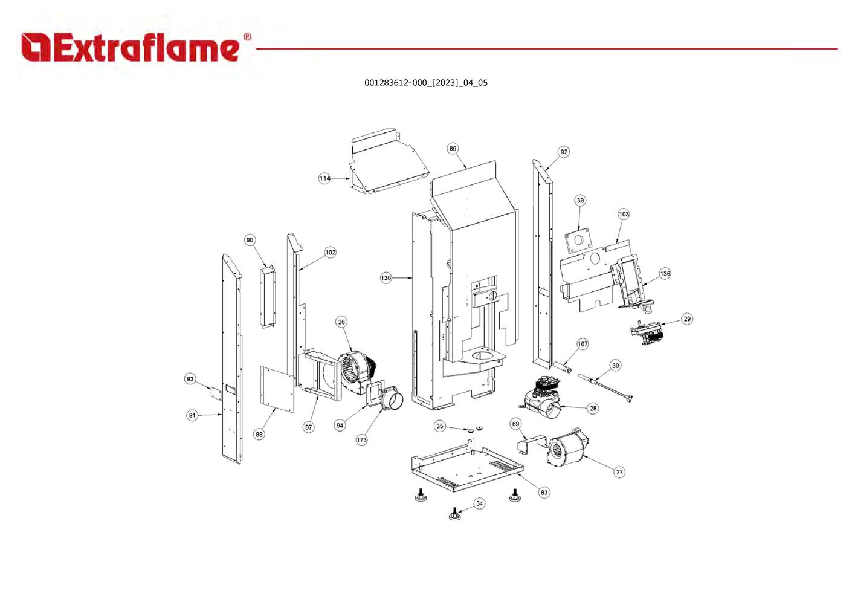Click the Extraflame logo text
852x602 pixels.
point(130,48)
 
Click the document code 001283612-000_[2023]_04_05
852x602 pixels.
point(425,83)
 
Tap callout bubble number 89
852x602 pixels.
point(453,149)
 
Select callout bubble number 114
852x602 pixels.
point(324,178)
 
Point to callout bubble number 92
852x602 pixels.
point(564,152)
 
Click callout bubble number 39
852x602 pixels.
point(580,200)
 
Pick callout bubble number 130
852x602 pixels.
point(386,278)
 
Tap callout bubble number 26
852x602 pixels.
point(341,322)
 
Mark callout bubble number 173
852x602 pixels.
point(361,440)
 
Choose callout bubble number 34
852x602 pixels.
point(479,503)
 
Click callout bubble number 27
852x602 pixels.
point(619,472)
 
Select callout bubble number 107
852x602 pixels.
point(583,344)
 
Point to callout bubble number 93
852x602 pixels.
point(190,378)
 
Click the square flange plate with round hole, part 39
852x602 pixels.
point(578,241)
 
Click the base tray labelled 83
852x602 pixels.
point(467,466)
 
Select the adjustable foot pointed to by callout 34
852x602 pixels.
point(454,513)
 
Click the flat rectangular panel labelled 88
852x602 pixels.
point(277,389)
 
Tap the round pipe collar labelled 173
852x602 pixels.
point(392,399)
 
